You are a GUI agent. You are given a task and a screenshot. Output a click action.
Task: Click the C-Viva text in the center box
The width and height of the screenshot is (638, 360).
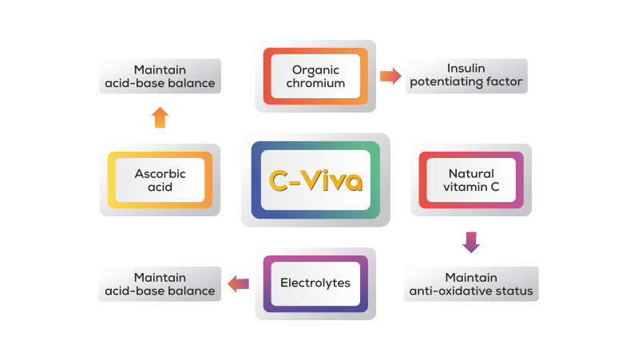pos(315,181)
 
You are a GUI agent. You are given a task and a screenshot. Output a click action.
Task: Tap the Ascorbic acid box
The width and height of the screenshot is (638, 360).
pos(160,180)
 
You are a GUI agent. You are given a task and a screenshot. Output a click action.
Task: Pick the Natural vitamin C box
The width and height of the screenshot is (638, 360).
pos(470,180)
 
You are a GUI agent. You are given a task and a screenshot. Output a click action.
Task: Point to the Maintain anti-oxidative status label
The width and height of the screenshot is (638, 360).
pos(470,283)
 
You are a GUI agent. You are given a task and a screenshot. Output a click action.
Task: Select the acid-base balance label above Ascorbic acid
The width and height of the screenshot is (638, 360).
pos(160,76)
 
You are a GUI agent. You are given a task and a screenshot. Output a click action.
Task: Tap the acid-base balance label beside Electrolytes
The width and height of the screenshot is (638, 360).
pos(160,283)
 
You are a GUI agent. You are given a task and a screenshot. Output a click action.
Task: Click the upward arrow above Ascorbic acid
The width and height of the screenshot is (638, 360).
pos(160,117)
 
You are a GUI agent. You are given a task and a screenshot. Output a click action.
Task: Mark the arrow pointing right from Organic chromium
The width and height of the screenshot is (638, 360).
pos(390,76)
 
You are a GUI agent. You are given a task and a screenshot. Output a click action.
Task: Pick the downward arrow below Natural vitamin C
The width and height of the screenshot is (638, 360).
pos(471,242)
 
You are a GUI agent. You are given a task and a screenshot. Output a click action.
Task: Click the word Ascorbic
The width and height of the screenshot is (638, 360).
pos(160,173)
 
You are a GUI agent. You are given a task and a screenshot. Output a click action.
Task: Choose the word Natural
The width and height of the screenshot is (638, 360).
pos(471,173)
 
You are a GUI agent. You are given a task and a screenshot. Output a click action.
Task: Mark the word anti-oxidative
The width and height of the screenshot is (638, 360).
pos(452,291)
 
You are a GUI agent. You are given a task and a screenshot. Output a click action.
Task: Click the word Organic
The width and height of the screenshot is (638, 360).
pos(315,69)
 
